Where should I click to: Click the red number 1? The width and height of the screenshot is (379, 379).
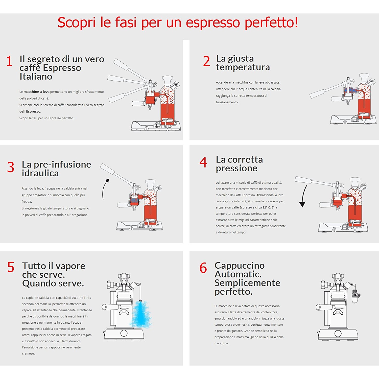9,61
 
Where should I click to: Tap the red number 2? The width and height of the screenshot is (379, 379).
206,61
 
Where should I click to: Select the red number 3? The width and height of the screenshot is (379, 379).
11,167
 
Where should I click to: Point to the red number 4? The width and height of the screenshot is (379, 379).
203,162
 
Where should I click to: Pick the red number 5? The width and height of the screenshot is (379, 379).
11,267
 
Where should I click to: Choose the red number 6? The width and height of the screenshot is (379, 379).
203,268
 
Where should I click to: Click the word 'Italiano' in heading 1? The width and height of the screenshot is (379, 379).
36,76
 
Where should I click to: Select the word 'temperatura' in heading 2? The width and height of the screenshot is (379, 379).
243,67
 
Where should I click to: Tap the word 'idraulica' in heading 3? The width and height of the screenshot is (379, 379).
40,173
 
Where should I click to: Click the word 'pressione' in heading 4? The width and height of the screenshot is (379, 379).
236,168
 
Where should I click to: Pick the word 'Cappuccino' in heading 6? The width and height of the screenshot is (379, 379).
240,266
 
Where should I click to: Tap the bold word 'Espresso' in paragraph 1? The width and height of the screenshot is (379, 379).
33,112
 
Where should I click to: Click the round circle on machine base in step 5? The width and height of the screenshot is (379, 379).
124,333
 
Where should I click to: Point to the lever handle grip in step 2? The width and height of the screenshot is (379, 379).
317,94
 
